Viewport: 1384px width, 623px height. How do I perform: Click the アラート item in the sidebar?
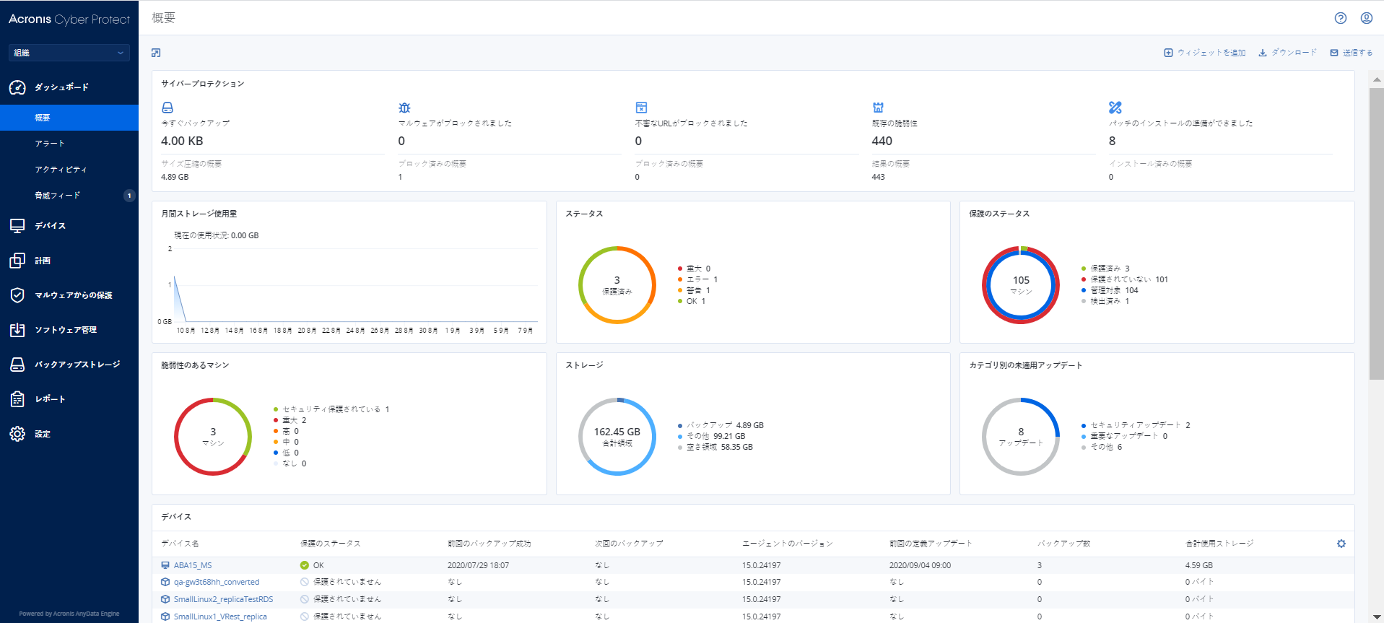tap(50, 144)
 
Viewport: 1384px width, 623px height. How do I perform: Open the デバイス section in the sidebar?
tap(50, 226)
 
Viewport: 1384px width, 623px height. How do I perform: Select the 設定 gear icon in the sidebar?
tap(17, 434)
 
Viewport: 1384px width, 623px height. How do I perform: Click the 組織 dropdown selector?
tap(69, 53)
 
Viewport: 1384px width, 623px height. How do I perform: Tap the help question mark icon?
tap(1341, 18)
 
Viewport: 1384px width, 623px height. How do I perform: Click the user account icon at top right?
tap(1367, 18)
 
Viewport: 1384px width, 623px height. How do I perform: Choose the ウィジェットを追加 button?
tap(1205, 53)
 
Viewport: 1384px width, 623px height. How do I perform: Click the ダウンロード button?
tap(1288, 53)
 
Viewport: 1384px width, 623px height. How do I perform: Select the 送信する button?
tap(1352, 53)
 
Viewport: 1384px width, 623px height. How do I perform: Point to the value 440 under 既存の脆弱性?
tap(882, 141)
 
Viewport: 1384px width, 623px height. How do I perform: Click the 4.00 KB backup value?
tap(182, 141)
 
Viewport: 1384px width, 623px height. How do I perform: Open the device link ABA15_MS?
tap(193, 565)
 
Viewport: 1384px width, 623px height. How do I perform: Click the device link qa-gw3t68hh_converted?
tap(216, 582)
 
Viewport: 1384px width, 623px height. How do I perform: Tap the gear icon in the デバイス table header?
tap(1341, 544)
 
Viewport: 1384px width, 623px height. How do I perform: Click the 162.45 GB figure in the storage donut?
tap(617, 432)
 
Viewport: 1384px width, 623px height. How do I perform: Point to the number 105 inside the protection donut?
tap(1021, 280)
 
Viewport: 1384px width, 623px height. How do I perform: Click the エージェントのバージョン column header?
tap(788, 544)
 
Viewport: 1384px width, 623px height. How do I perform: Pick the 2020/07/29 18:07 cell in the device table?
tap(478, 565)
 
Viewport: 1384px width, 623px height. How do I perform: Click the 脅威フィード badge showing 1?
tap(129, 196)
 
